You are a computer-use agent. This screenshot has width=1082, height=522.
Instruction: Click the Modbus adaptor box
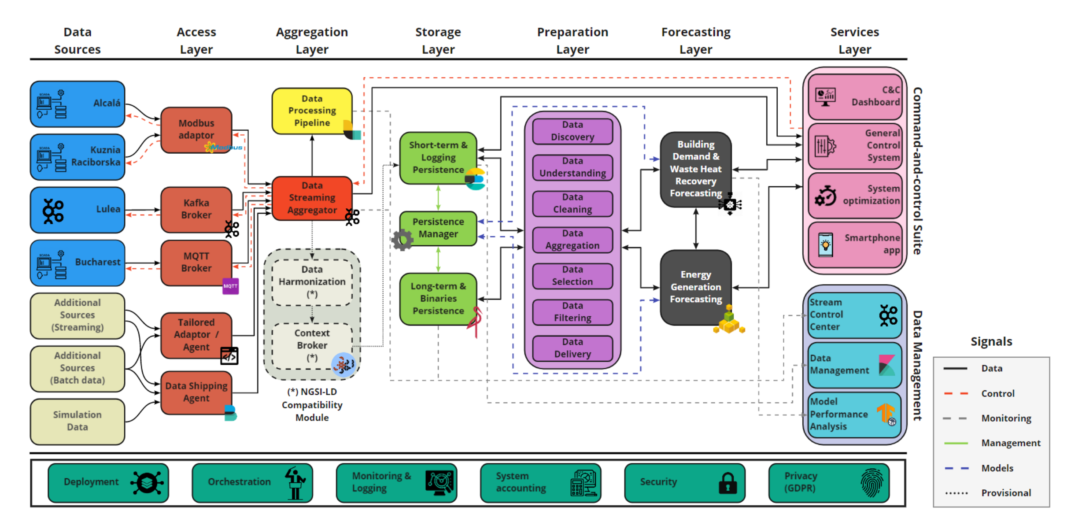(x=196, y=129)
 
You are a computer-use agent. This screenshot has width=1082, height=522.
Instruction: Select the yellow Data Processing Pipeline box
(x=312, y=111)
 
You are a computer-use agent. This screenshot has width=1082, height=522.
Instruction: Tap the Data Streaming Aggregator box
(x=312, y=198)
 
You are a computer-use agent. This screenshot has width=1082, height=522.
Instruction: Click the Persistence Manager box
(x=438, y=228)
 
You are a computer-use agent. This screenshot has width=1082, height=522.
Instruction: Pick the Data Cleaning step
(x=572, y=203)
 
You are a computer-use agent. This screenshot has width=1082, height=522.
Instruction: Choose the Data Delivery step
(x=572, y=348)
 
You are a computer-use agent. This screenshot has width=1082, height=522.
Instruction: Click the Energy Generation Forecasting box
(x=695, y=287)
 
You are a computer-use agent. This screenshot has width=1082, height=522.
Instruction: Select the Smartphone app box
(x=854, y=244)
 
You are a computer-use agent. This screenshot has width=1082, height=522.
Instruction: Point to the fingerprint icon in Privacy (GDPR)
(x=872, y=483)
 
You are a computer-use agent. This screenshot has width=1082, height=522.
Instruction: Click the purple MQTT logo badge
(x=230, y=286)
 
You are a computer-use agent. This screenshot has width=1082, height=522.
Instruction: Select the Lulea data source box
(x=78, y=209)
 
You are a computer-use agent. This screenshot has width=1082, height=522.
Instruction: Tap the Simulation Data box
(x=78, y=421)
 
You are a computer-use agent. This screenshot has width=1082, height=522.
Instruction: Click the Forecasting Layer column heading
(x=695, y=41)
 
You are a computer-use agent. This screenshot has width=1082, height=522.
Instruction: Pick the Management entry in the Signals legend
(x=1010, y=443)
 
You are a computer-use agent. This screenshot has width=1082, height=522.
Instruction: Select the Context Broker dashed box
(x=311, y=345)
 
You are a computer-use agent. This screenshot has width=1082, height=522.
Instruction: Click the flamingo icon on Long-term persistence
(x=476, y=321)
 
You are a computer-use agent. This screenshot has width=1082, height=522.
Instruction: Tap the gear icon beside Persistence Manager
(x=403, y=240)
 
